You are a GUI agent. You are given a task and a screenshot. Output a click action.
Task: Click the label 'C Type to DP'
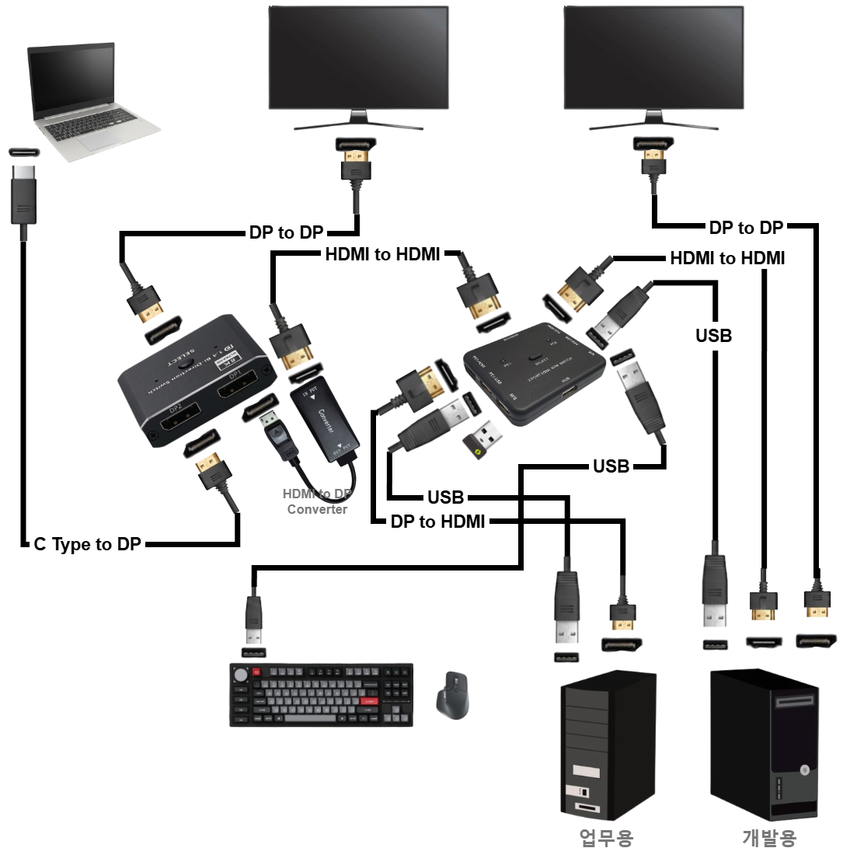pos(87,545)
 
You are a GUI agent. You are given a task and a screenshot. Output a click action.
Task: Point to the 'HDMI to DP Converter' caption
pos(317,501)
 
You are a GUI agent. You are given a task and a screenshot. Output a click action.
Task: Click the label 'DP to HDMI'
pos(437,522)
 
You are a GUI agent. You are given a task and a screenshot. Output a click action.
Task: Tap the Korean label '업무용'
pos(606,837)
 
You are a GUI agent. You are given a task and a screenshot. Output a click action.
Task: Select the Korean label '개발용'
pos(768,837)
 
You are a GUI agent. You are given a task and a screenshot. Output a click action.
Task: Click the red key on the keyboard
pos(368,700)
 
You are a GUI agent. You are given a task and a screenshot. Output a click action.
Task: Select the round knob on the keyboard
pos(241,674)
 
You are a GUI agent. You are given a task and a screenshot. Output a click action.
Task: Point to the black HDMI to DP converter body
pos(325,424)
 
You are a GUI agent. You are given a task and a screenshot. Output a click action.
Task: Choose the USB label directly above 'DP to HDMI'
pos(445,497)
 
